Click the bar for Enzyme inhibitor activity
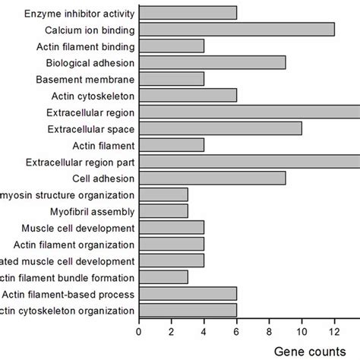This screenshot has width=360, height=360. coord(188,13)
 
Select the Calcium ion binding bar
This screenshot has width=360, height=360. coord(236,30)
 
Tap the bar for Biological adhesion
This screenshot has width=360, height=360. coord(212,62)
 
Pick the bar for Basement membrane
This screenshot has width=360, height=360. coord(172,79)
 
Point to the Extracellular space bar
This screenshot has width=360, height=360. coord(220,128)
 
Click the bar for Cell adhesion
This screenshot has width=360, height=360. coord(212,178)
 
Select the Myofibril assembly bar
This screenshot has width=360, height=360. coord(163,211)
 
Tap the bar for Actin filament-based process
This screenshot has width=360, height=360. coord(188,294)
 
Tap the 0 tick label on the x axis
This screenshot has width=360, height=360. coord(139,331)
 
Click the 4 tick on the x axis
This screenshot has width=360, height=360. coord(204,331)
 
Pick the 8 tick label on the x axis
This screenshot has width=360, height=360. coord(270,331)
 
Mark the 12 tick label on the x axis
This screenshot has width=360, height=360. coord(334,331)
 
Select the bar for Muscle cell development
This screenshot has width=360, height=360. coord(172,228)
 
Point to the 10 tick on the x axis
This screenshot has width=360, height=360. coord(302,331)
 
